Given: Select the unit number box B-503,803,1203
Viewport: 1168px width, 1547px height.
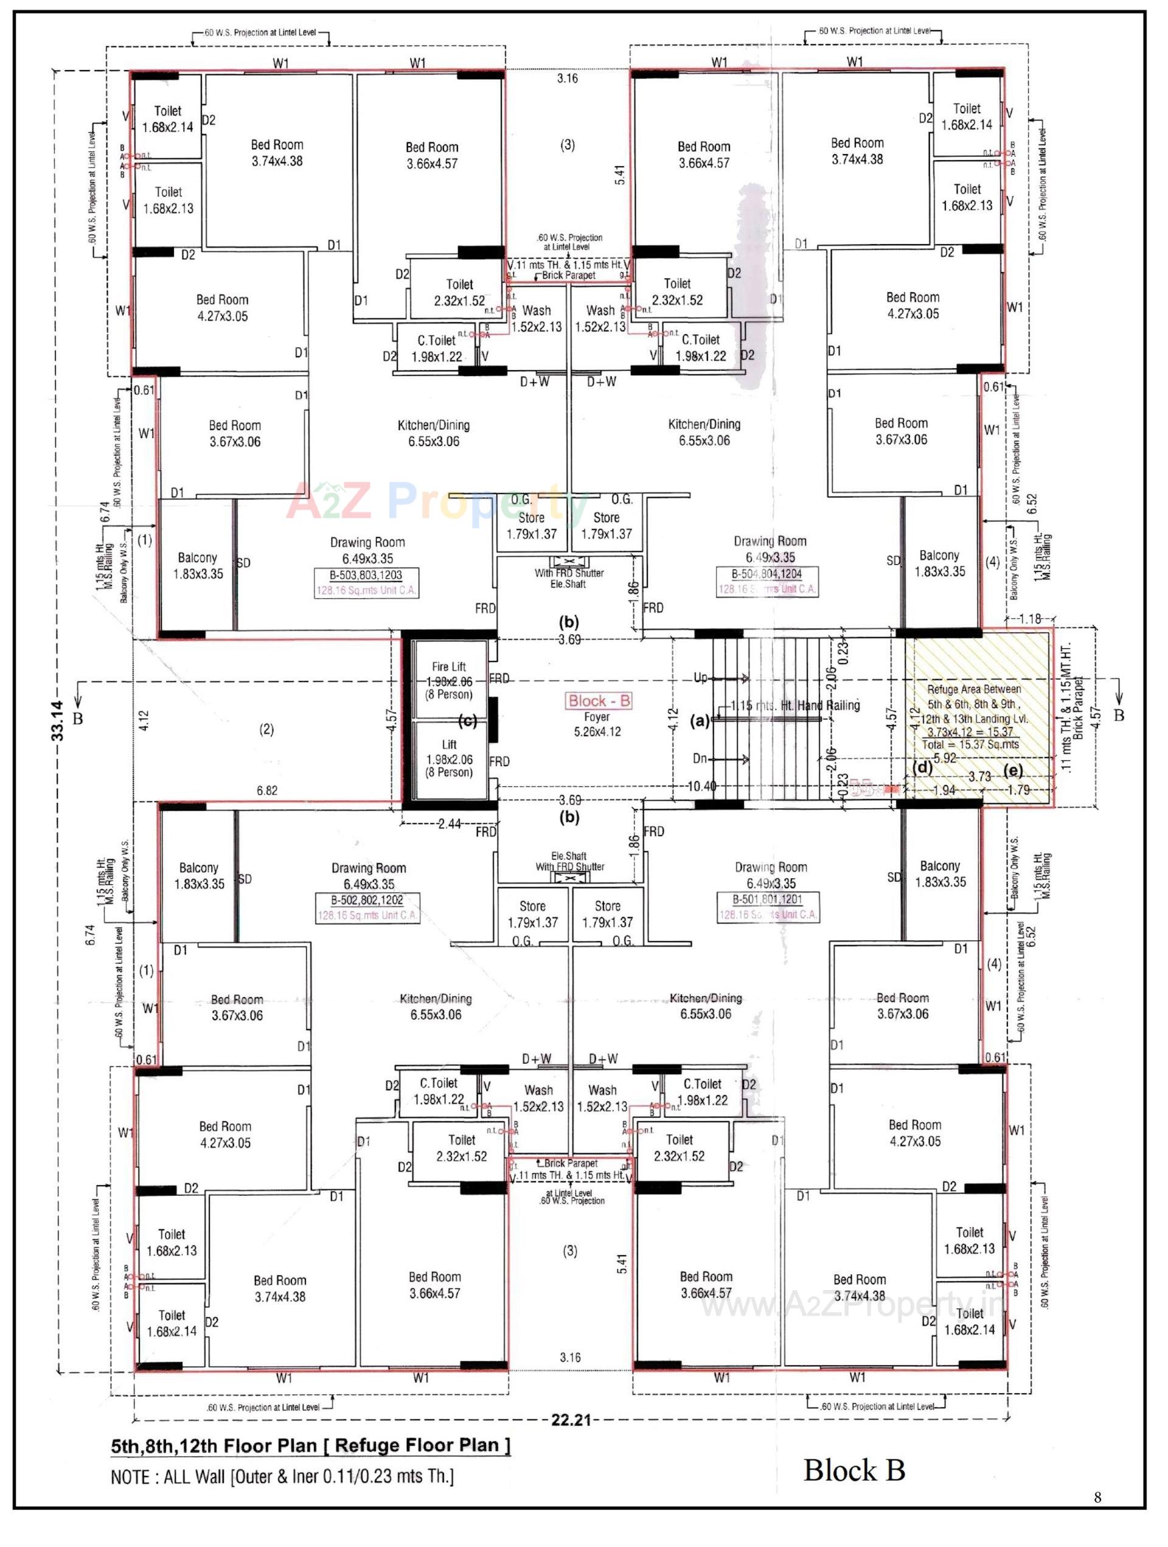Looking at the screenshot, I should pos(366,576).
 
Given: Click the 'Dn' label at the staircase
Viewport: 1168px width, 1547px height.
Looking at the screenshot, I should pos(700,758).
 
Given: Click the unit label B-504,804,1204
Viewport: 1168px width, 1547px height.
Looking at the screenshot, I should pos(766,574).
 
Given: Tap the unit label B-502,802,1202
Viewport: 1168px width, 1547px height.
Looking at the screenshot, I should pos(367,901).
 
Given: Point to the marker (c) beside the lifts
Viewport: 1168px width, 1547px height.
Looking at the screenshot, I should pos(468,721).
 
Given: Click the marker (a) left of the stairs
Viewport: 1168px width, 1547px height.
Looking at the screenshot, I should pos(700,720).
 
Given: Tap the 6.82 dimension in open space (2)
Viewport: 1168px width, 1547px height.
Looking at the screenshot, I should pos(267,791).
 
